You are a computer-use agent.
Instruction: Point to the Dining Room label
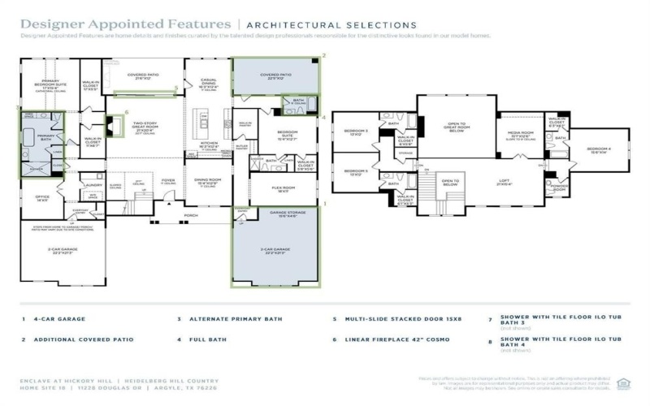point(208,181)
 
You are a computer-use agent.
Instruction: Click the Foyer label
point(167,181)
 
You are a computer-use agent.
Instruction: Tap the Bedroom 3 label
point(356,132)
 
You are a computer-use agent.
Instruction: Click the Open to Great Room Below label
point(458,127)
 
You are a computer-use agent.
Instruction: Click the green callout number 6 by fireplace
point(126,112)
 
